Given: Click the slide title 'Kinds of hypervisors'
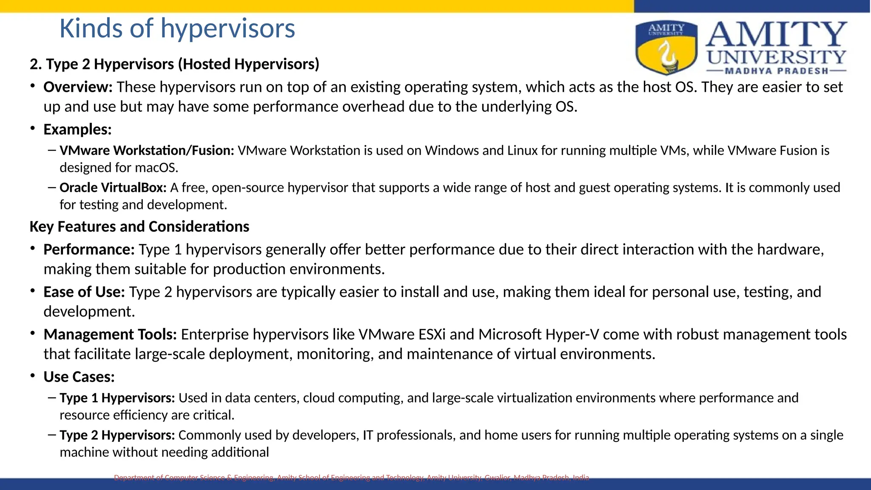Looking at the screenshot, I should [x=177, y=28].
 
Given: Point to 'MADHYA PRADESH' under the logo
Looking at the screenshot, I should [x=777, y=71].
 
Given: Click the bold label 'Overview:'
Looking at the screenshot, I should [x=78, y=87].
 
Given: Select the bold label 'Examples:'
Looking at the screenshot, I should [x=77, y=130].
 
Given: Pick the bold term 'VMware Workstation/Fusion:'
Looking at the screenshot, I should [x=147, y=151].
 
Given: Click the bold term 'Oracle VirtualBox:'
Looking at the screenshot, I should [x=113, y=188].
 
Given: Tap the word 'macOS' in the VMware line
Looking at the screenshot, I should [x=155, y=168].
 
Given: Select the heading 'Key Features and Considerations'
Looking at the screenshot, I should [x=139, y=227].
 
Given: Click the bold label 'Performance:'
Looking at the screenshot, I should [x=89, y=250].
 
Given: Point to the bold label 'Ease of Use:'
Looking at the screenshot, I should [x=84, y=292].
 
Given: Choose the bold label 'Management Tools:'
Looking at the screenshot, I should [x=110, y=335].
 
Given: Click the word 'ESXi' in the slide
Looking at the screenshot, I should [x=432, y=335].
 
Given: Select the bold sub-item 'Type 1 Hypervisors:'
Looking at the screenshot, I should [x=117, y=398].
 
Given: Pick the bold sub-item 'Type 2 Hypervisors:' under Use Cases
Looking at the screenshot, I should [x=117, y=435].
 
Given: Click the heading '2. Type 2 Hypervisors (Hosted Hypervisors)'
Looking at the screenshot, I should [x=174, y=64].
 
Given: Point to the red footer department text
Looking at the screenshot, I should [x=351, y=478].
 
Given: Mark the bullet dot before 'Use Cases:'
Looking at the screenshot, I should [x=33, y=376].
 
